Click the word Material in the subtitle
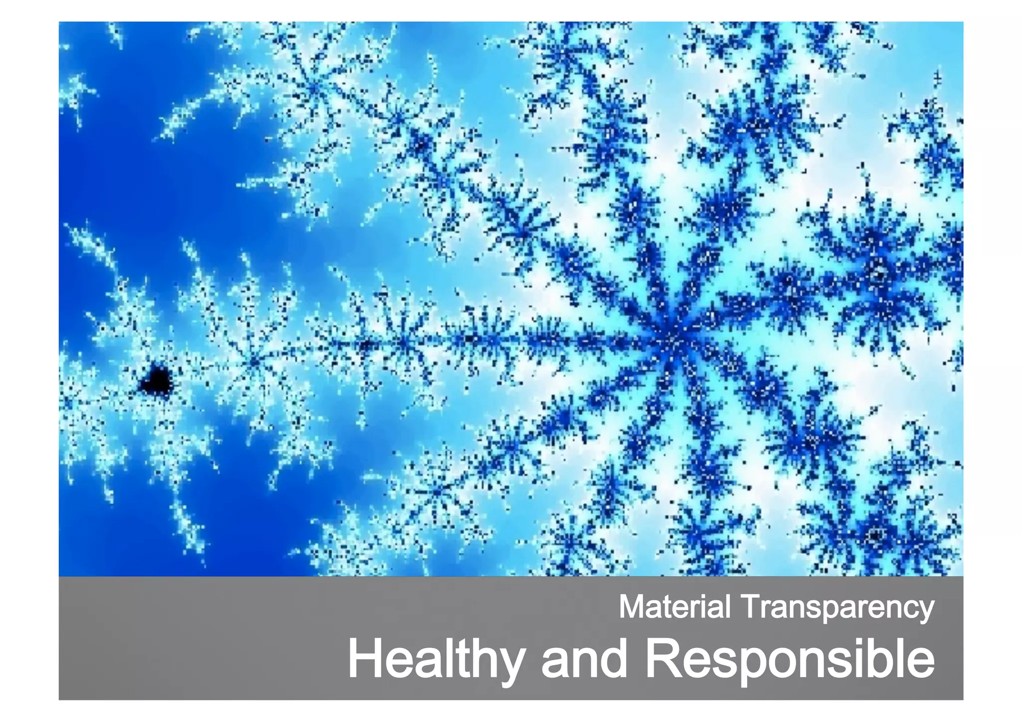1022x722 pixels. pyautogui.click(x=675, y=607)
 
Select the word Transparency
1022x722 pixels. pyautogui.click(x=838, y=608)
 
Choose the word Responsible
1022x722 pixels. pyautogui.click(x=790, y=660)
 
